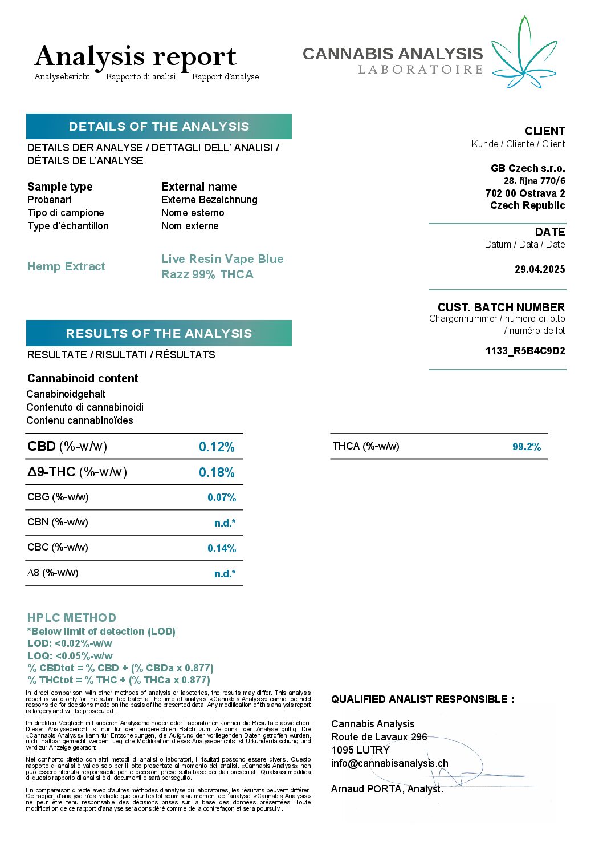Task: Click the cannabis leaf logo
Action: pos(523,54)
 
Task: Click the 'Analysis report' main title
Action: pos(136,56)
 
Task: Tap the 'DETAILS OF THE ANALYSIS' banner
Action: pos(158,127)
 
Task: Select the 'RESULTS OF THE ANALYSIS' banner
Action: pos(158,333)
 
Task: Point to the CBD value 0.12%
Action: pos(217,447)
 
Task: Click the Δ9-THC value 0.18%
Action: pos(217,472)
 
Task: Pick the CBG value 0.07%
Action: pos(222,497)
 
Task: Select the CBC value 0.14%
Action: pos(222,548)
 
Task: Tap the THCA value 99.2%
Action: pos(527,447)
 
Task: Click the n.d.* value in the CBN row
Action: pos(225,523)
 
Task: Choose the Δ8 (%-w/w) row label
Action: pos(53,573)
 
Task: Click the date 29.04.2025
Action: pos(540,269)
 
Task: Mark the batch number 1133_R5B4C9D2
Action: pos(525,351)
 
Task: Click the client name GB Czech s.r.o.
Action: pos(528,168)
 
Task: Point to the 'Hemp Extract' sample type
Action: pos(66,266)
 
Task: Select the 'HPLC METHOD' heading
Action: pos(72,618)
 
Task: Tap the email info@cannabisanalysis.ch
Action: pos(390,763)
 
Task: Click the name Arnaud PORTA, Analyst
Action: pos(387,789)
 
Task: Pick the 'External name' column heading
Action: pos(199,187)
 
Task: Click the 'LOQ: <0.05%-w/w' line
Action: pos(70,656)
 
